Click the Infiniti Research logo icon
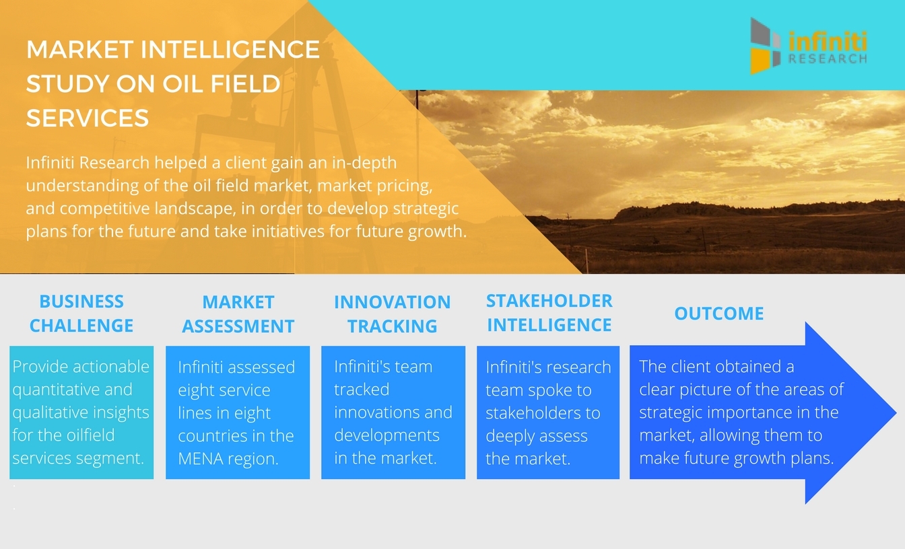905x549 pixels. tap(765, 46)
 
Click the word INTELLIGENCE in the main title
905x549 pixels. tap(230, 49)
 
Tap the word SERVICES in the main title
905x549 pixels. tap(88, 118)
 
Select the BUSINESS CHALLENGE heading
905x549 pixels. tap(81, 314)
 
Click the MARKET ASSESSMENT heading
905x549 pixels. tap(238, 314)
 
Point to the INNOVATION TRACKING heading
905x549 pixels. tap(393, 314)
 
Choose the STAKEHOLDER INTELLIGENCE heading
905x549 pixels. tap(549, 313)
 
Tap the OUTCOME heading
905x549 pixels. tap(719, 314)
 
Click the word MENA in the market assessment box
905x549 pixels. tap(201, 459)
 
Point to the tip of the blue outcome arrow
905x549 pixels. tap(896, 412)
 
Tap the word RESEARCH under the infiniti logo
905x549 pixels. tap(828, 59)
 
